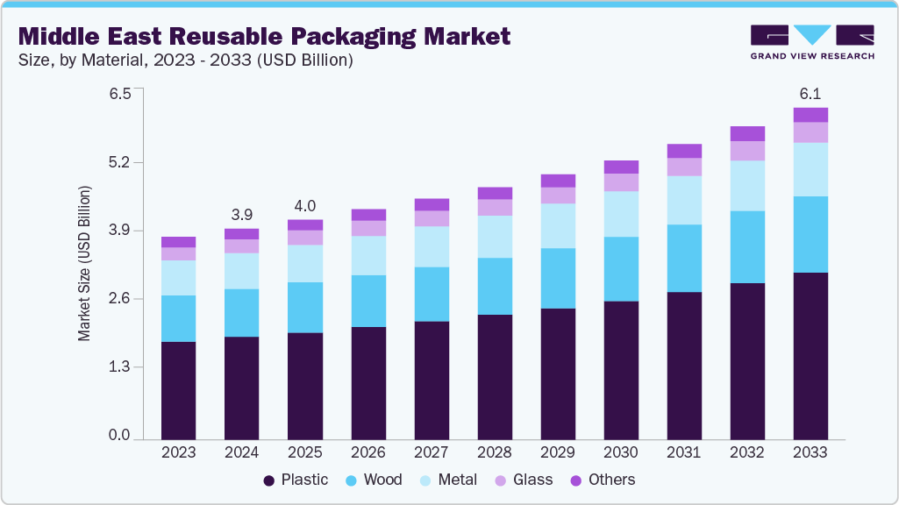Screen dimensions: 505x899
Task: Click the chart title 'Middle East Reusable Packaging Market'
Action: coord(263,37)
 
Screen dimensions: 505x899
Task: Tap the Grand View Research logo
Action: coord(812,42)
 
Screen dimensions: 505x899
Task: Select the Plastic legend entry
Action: coord(296,480)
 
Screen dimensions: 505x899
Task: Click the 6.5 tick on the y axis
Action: coord(120,94)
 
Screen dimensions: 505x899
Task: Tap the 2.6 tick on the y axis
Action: coord(120,299)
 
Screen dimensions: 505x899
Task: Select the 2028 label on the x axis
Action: coord(495,453)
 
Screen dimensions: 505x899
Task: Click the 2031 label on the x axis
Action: coord(684,453)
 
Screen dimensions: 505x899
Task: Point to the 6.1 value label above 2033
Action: coord(810,94)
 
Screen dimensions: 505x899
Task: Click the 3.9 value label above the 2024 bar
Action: coord(242,214)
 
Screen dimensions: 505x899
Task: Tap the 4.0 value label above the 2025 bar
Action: coord(305,205)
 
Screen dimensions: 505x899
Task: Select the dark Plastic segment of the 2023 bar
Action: coord(179,390)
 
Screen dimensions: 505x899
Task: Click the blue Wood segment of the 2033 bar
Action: coord(810,234)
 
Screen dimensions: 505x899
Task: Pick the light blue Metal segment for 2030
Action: coord(621,214)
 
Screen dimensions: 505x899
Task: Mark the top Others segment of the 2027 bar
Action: coord(432,204)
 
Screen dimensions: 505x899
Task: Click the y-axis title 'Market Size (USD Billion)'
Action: coord(85,263)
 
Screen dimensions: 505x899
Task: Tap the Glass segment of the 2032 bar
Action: coord(747,151)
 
